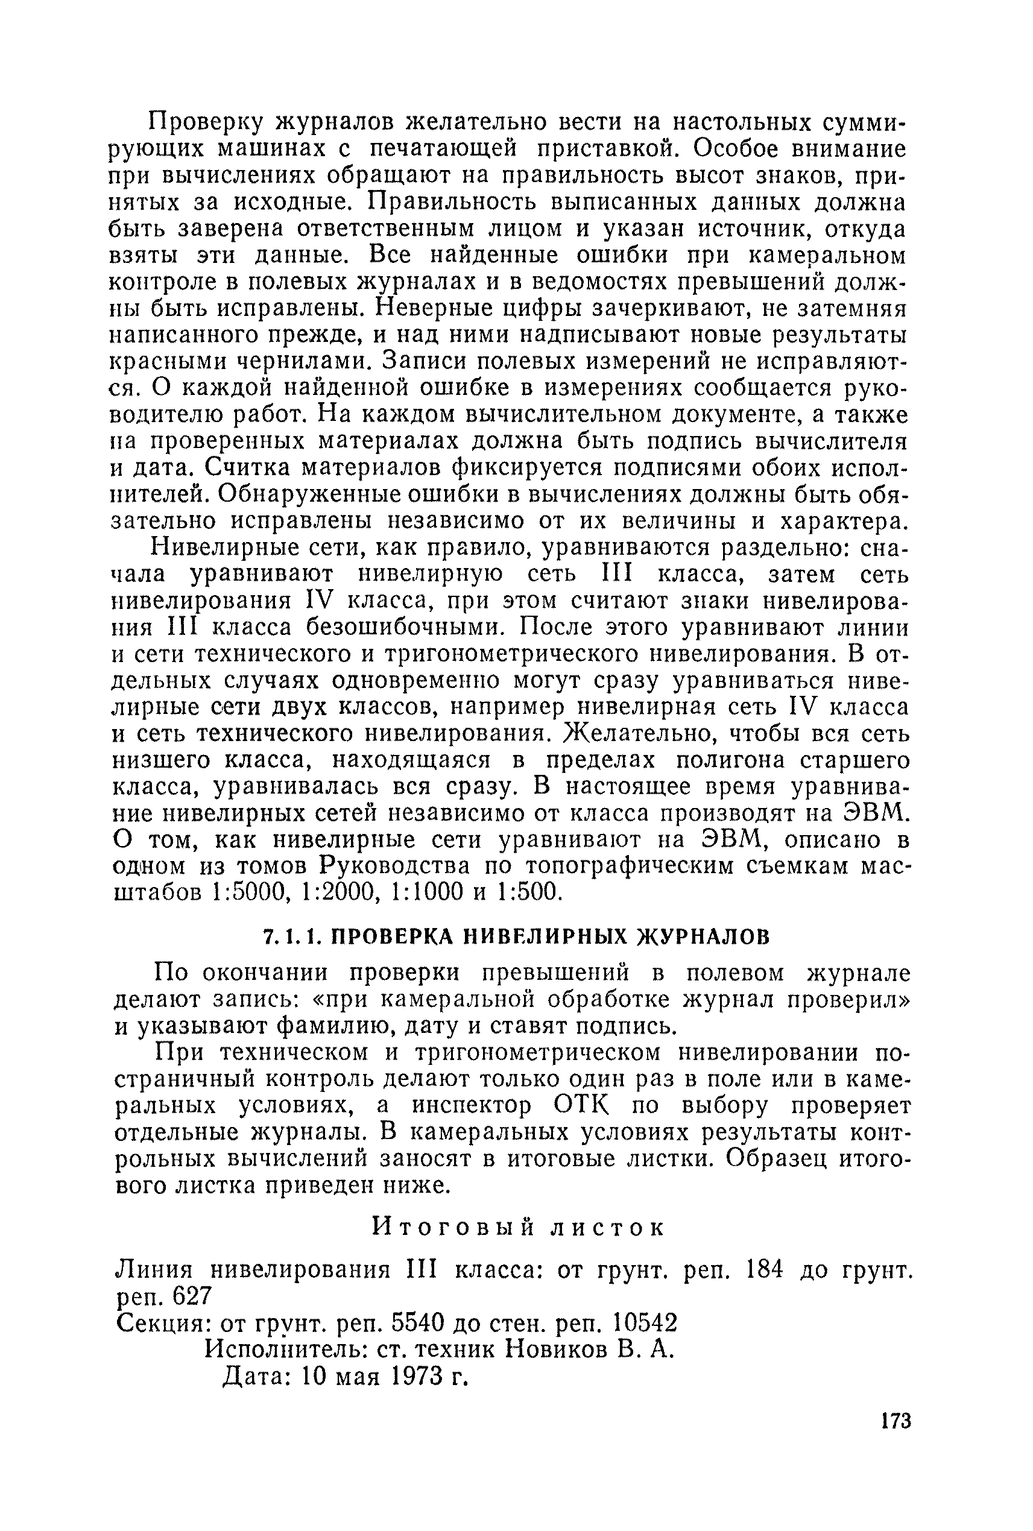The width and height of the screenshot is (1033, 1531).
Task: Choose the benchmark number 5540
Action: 414,1323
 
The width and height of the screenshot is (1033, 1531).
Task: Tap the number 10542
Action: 644,1323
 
